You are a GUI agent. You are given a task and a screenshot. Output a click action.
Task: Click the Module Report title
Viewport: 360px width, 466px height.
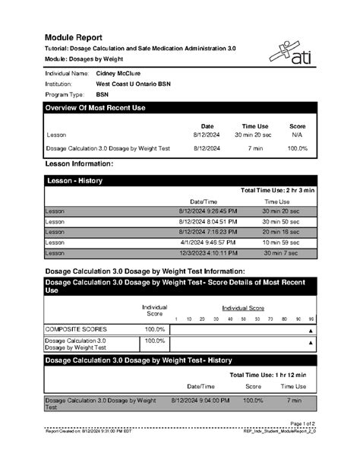[74, 36]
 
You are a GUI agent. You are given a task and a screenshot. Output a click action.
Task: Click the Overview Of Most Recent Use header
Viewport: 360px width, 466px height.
[96, 108]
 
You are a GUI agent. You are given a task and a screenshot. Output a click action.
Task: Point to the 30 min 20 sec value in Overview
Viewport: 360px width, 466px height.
[254, 135]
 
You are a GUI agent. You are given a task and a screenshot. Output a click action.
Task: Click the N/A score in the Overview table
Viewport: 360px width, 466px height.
[297, 135]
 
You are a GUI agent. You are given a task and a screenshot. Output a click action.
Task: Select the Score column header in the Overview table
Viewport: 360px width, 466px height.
[297, 126]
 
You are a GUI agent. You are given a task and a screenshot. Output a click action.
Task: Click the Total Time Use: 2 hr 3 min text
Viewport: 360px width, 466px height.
[276, 190]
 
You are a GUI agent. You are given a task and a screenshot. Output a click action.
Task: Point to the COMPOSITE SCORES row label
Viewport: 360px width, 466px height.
[76, 328]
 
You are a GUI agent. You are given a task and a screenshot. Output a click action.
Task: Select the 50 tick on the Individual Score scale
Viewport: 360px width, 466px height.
[244, 319]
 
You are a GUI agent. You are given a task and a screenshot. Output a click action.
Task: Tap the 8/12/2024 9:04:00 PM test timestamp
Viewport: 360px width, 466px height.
[199, 399]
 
